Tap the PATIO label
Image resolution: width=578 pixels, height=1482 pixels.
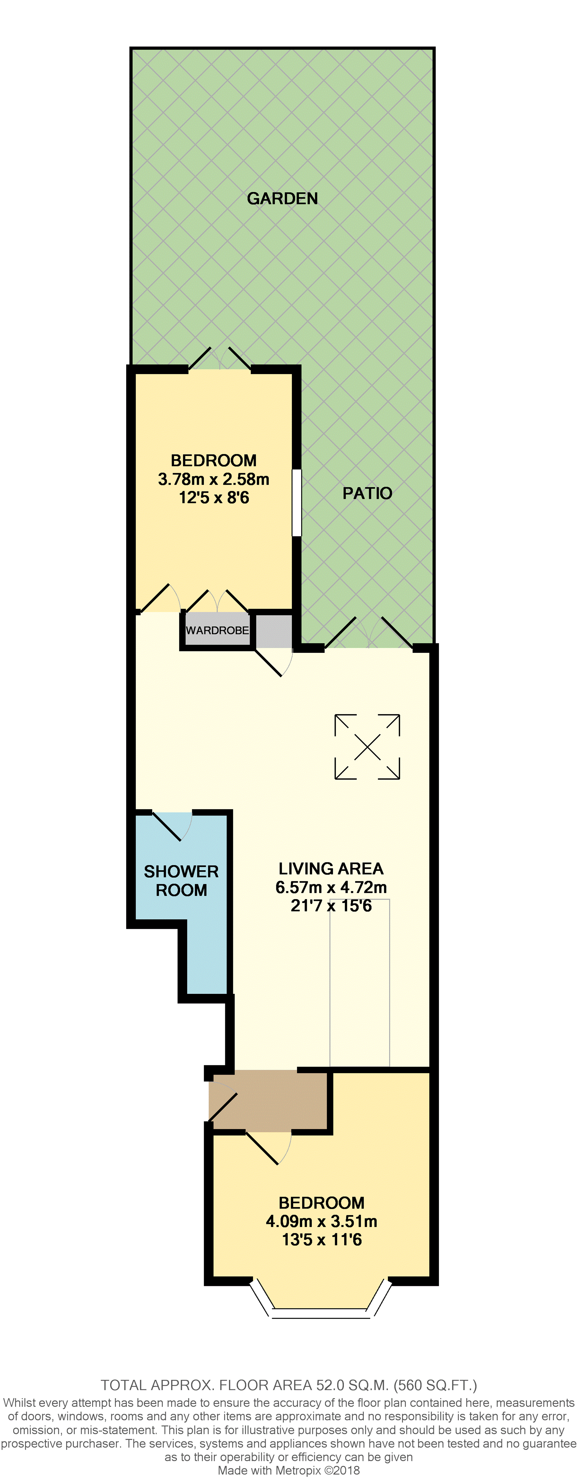pos(367,493)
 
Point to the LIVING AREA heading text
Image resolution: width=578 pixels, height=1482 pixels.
pos(331,868)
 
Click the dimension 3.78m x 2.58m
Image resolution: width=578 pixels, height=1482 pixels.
pos(214,479)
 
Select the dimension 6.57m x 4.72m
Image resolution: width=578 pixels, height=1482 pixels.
pos(331,887)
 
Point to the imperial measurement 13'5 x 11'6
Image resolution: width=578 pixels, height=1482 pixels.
pos(321,1239)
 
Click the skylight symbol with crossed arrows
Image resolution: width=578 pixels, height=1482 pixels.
pos(367,747)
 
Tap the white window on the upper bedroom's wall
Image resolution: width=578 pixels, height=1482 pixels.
pos(297,502)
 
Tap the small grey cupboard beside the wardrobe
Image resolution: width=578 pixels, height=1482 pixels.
pos(274,631)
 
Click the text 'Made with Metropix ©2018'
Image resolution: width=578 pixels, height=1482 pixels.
pos(289,1470)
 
